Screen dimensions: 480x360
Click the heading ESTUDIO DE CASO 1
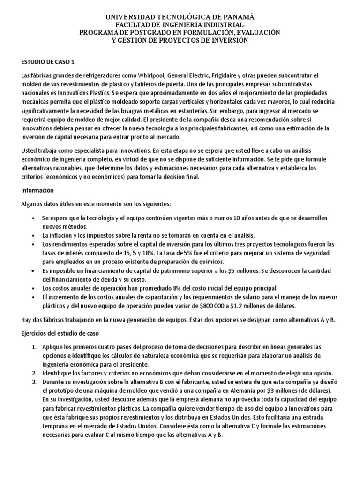point(48,62)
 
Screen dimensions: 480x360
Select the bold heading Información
point(38,191)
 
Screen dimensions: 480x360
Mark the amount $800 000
point(208,306)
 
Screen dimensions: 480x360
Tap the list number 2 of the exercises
point(33,373)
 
